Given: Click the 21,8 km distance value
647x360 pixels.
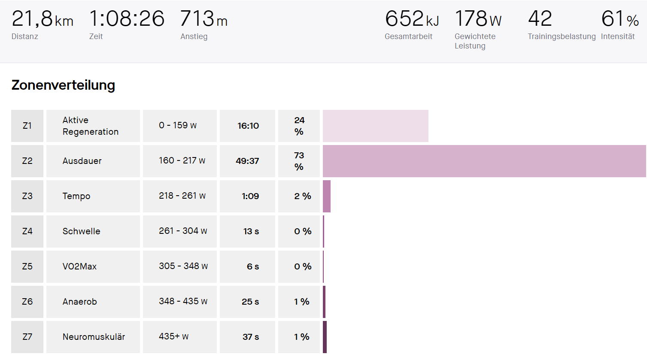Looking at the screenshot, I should tap(42, 19).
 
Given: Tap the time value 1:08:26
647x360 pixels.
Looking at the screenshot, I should tap(127, 19).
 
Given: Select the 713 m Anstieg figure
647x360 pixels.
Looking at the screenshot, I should tap(204, 19).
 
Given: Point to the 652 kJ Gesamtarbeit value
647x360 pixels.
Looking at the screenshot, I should tap(412, 19).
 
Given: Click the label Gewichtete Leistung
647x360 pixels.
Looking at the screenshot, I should tap(475, 41).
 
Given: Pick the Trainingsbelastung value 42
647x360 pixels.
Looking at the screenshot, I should tap(540, 19).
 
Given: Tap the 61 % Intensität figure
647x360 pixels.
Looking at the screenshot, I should tap(620, 19).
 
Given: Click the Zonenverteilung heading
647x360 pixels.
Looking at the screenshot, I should tap(63, 85).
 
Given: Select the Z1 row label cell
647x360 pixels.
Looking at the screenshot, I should tap(27, 126).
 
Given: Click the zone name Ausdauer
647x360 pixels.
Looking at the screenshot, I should tap(82, 161).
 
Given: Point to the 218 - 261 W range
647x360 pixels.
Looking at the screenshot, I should tap(182, 196).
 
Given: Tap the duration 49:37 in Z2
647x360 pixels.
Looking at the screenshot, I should tap(247, 161).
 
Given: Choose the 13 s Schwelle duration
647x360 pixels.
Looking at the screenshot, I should tap(251, 231).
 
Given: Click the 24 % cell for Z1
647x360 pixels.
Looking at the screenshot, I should tap(299, 126).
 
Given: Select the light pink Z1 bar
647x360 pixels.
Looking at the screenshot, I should tap(375, 126).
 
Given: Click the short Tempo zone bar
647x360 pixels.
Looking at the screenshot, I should tap(327, 196).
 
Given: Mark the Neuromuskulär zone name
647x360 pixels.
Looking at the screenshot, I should tap(94, 337).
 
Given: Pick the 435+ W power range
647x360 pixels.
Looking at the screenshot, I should tap(173, 337).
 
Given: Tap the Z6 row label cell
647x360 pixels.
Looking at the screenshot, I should tap(27, 302).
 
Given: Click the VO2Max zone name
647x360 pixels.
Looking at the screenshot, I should tap(79, 266).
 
